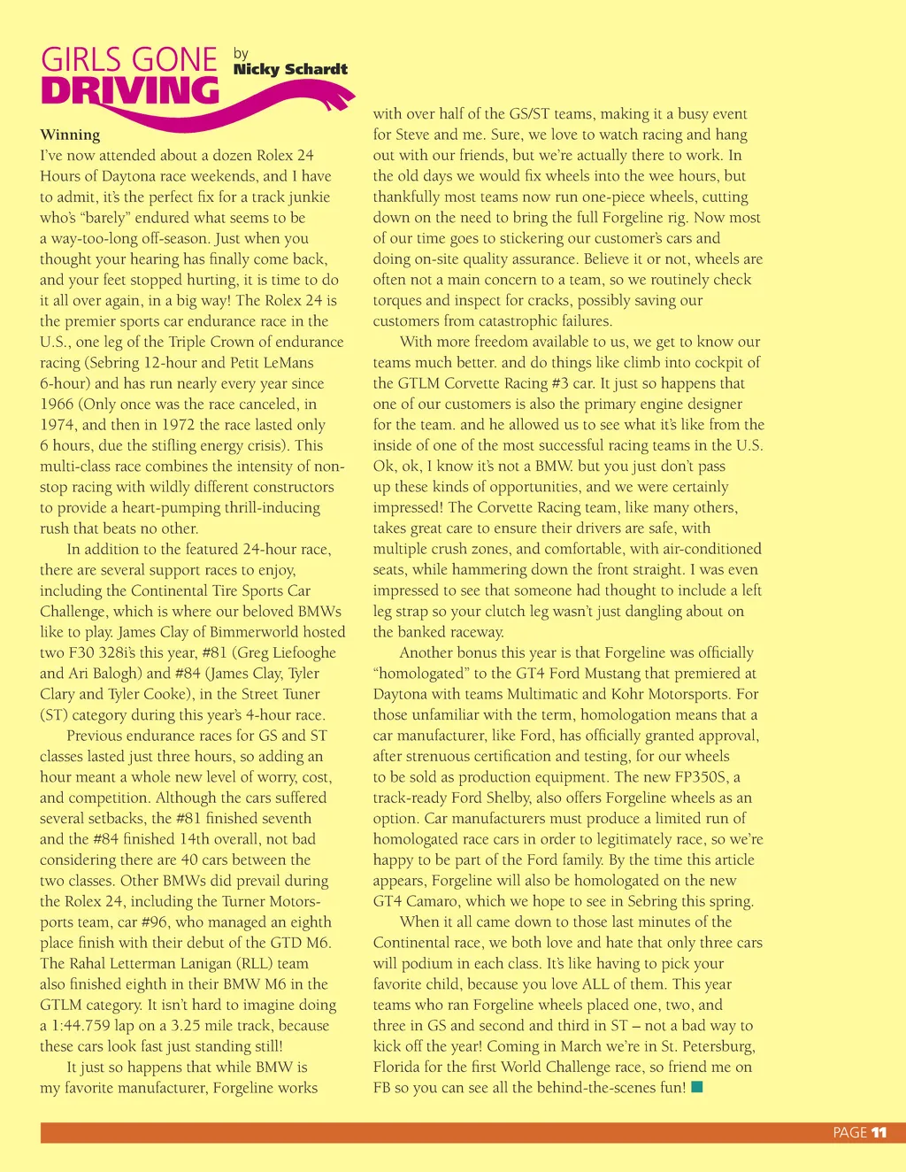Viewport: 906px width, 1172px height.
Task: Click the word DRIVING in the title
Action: (130, 91)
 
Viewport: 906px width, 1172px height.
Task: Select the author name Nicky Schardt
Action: (290, 69)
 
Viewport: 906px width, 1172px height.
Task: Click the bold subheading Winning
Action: (70, 135)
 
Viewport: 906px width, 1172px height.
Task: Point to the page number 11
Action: (879, 1132)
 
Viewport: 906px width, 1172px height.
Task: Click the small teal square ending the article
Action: (697, 1087)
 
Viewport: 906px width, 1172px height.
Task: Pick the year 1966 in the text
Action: (57, 405)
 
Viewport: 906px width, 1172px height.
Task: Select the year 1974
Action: (57, 425)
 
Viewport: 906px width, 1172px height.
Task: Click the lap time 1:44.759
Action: (88, 1026)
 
